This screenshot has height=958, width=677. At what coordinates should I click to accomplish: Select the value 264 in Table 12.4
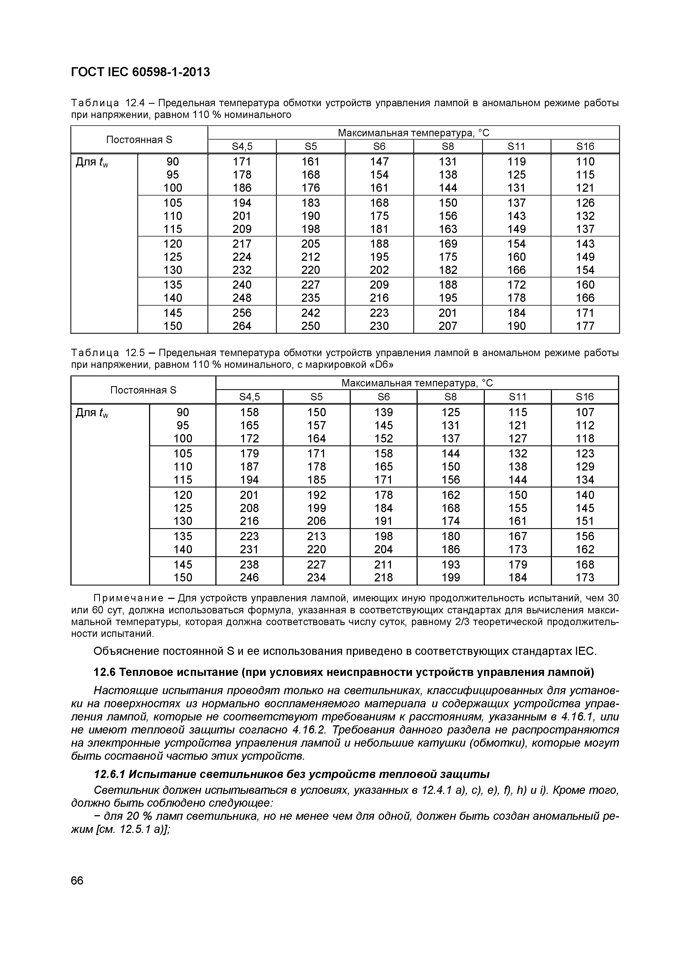tap(242, 326)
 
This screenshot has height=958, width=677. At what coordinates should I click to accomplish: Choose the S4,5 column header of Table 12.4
tap(242, 146)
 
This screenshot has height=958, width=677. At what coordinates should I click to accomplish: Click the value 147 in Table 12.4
tap(379, 161)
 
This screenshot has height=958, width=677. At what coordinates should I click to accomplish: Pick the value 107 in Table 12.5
tap(584, 412)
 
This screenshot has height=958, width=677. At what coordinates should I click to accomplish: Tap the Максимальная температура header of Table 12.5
tap(417, 383)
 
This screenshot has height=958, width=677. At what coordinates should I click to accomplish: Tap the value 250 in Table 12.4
tap(310, 326)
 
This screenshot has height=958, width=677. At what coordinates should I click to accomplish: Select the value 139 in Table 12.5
tap(383, 412)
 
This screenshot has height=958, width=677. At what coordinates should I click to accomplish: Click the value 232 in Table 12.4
tap(242, 270)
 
